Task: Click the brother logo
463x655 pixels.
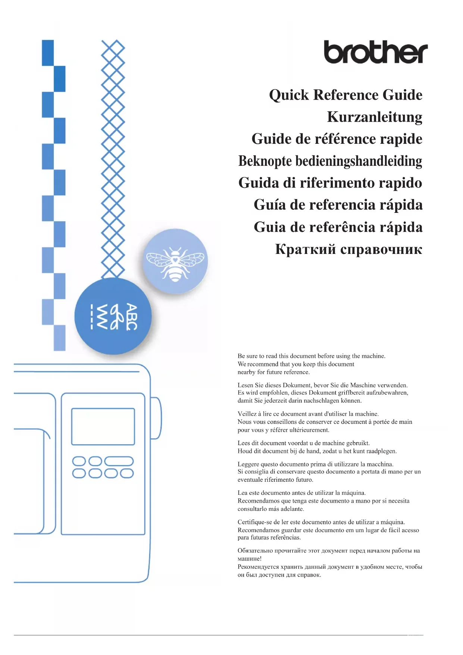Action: [x=375, y=52]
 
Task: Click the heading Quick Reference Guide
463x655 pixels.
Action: [x=345, y=95]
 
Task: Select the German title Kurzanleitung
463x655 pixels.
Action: [x=375, y=117]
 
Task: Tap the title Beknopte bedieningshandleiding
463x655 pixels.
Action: [x=330, y=161]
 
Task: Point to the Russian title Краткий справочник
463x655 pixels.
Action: [x=348, y=249]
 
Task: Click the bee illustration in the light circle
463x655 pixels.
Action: [x=175, y=262]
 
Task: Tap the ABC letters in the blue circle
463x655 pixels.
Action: [x=131, y=317]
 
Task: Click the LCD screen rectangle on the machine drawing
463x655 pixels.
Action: [x=103, y=426]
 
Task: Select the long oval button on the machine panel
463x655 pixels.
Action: [x=119, y=461]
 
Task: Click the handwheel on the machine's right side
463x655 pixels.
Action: [x=156, y=418]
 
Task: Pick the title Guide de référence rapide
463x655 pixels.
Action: [x=337, y=139]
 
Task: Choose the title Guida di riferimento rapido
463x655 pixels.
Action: [x=330, y=183]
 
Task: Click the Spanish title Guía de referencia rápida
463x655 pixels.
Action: [x=338, y=205]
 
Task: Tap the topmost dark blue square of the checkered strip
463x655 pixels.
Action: [x=48, y=53]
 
